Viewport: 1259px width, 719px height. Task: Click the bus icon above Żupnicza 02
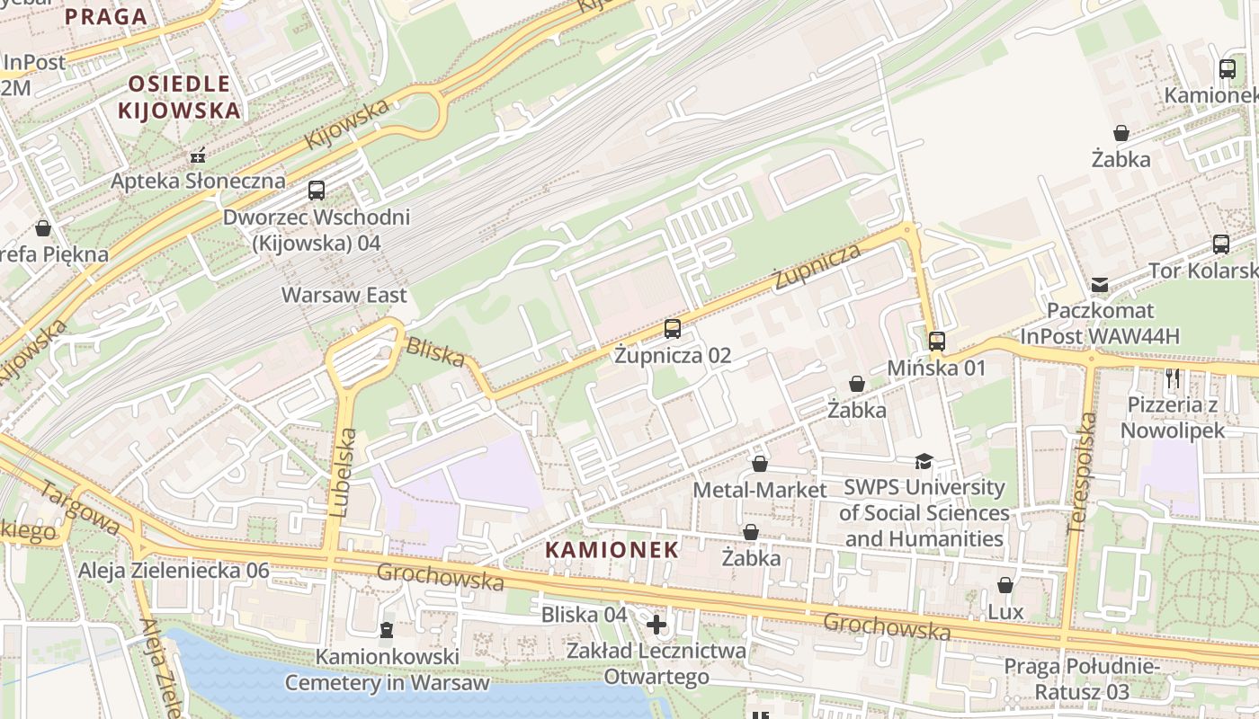click(x=673, y=329)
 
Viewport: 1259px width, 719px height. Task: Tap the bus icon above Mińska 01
click(x=937, y=342)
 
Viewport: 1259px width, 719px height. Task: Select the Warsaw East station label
click(x=344, y=295)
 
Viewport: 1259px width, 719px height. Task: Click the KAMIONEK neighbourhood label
click(x=612, y=549)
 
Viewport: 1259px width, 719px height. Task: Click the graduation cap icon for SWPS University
click(x=924, y=462)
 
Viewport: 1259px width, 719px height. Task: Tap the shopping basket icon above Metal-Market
click(x=760, y=464)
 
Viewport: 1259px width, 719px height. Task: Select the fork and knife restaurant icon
click(x=1173, y=378)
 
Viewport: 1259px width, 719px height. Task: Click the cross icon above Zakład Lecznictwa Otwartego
click(x=656, y=624)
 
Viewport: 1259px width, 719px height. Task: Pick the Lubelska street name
click(x=343, y=472)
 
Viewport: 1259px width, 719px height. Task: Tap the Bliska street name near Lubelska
click(x=435, y=351)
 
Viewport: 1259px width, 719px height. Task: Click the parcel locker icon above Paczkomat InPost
click(x=1100, y=285)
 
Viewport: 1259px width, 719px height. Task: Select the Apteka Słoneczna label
click(x=198, y=181)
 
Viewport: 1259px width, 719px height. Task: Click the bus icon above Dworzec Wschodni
click(x=317, y=191)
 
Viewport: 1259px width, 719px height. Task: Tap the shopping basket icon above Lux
click(x=1005, y=586)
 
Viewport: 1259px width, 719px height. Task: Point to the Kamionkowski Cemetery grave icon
click(x=387, y=630)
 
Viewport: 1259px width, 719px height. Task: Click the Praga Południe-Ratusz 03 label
click(x=1081, y=679)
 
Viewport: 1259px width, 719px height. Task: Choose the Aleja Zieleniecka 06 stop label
click(x=174, y=571)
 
